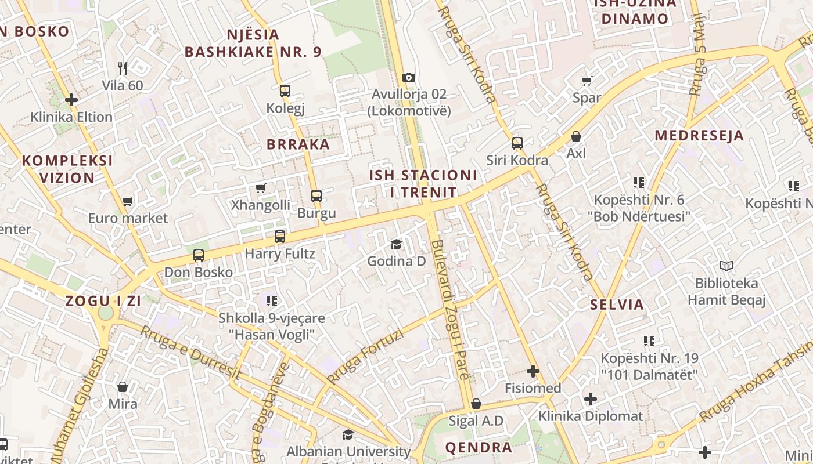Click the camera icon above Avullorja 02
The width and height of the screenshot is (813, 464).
(409, 77)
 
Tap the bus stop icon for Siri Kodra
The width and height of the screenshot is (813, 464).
(517, 143)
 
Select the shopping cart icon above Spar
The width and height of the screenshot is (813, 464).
(587, 81)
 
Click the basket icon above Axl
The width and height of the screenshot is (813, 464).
(576, 136)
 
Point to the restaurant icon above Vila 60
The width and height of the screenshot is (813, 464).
(123, 68)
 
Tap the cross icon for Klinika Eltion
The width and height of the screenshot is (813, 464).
(71, 100)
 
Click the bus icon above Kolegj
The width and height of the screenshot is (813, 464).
(285, 90)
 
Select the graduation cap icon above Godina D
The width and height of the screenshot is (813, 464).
(396, 244)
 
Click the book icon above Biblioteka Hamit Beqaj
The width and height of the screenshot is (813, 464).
(726, 266)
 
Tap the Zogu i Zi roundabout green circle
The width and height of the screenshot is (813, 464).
(106, 313)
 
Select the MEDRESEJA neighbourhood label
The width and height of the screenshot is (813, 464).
(699, 136)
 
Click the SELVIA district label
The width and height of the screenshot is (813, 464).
(617, 304)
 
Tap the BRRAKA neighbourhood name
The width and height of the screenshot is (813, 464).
(298, 144)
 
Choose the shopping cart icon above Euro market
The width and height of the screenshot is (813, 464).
(127, 201)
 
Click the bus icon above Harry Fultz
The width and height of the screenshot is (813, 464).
(280, 236)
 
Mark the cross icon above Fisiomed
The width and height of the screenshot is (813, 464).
(533, 371)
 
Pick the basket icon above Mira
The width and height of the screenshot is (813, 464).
(123, 387)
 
